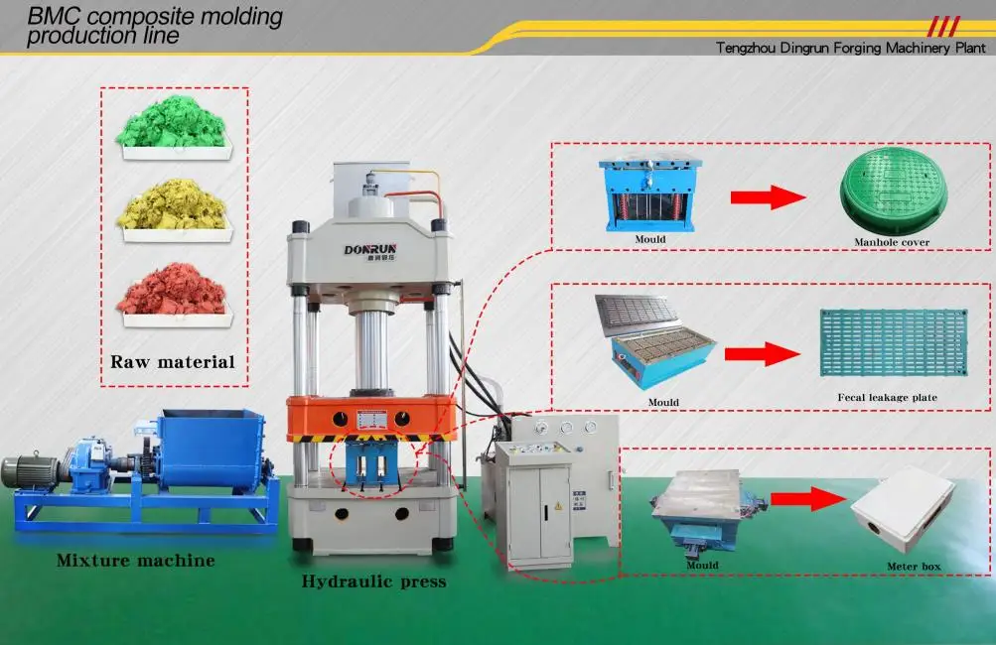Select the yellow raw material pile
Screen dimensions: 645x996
click(x=173, y=207)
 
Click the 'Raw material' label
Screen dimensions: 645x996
click(x=173, y=361)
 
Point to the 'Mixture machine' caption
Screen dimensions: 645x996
click(x=135, y=561)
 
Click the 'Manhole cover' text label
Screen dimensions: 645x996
click(x=891, y=242)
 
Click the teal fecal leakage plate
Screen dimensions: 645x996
click(x=879, y=343)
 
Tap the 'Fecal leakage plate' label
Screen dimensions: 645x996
click(x=887, y=398)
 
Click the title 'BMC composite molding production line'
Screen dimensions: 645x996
click(x=154, y=26)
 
